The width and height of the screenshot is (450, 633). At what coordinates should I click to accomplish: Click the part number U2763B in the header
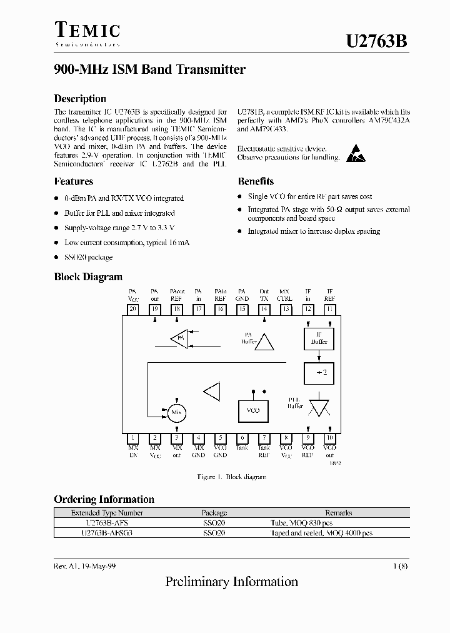(377, 41)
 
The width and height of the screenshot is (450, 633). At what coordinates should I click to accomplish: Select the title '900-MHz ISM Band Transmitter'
(149, 70)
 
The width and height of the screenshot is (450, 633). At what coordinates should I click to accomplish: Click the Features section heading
(73, 181)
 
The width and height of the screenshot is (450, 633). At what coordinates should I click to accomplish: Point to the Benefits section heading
(255, 181)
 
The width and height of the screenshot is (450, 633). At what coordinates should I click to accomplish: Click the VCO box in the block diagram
(254, 410)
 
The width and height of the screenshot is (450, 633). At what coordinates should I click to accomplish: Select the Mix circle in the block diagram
(177, 412)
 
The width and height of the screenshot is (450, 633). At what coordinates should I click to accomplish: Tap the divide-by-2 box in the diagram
(318, 373)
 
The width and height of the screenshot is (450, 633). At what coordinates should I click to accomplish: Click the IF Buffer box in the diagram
(318, 338)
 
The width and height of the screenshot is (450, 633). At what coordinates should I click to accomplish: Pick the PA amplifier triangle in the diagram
(179, 338)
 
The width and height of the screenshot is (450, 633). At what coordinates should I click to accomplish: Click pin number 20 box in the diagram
(132, 309)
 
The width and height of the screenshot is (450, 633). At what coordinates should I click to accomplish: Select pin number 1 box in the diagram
(132, 438)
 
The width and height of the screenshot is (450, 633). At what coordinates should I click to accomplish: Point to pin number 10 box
(330, 438)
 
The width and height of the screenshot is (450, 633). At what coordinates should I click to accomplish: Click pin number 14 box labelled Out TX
(264, 309)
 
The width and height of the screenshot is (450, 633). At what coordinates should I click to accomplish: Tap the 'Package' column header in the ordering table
(214, 513)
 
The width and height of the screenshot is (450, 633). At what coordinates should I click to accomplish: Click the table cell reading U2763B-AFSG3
(107, 533)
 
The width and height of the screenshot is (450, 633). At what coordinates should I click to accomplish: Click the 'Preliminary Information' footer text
(231, 582)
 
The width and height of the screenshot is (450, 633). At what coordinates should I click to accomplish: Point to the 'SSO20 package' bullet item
(88, 257)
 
